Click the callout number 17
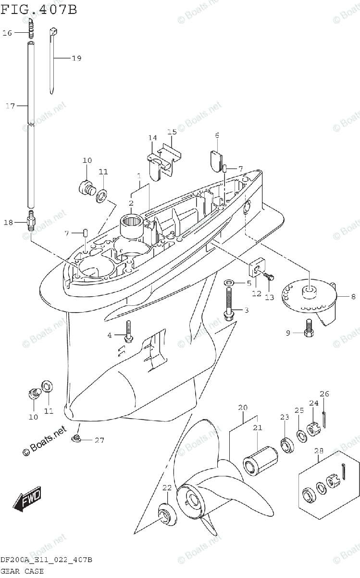10,106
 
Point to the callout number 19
76,58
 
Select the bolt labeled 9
309,332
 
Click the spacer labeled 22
165,514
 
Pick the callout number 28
319,451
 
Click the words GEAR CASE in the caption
22,571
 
